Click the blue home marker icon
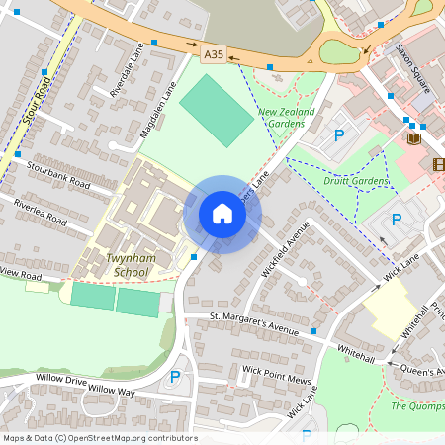pos(222,214)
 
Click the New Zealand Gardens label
pos(287,119)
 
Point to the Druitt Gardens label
pos(357,181)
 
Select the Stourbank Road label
pos(58,174)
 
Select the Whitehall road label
pos(356,353)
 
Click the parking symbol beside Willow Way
pos(176,376)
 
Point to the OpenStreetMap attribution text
pos(100,438)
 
